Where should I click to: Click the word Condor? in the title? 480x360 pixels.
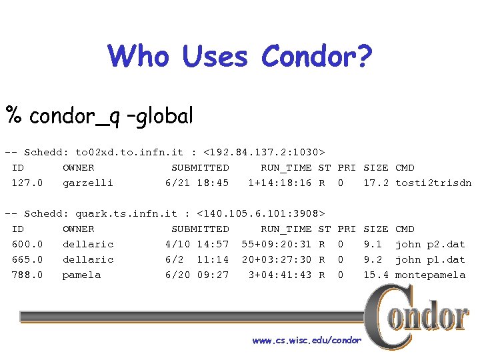317,57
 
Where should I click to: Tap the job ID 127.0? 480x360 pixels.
27,183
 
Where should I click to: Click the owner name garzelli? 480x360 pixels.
88,183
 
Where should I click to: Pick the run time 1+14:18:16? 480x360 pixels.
280,183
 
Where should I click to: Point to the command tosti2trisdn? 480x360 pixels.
433,183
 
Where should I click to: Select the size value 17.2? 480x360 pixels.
376,183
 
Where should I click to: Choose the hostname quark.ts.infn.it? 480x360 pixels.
127,214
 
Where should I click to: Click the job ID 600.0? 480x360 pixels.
27,245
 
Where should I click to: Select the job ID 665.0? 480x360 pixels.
27,260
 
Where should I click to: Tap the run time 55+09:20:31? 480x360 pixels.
277,245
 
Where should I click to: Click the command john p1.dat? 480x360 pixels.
430,260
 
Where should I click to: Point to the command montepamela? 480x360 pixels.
430,275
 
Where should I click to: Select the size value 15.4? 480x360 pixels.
376,275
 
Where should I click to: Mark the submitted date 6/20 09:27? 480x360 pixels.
197,275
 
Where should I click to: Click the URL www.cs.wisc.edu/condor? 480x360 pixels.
307,341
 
